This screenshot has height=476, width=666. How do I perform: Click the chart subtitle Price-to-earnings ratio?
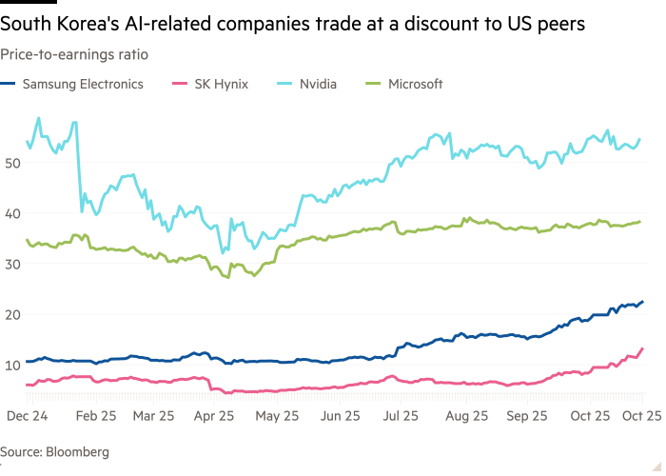tap(73, 55)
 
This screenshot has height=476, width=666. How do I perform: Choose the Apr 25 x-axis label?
tap(216, 416)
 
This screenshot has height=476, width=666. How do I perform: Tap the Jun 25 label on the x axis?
tap(340, 416)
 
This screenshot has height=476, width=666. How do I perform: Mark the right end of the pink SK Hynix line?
tap(642, 348)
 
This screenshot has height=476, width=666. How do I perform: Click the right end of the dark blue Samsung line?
tap(642, 302)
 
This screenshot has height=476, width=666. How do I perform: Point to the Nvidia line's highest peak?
tap(38, 118)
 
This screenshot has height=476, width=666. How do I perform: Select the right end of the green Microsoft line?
tap(640, 221)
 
